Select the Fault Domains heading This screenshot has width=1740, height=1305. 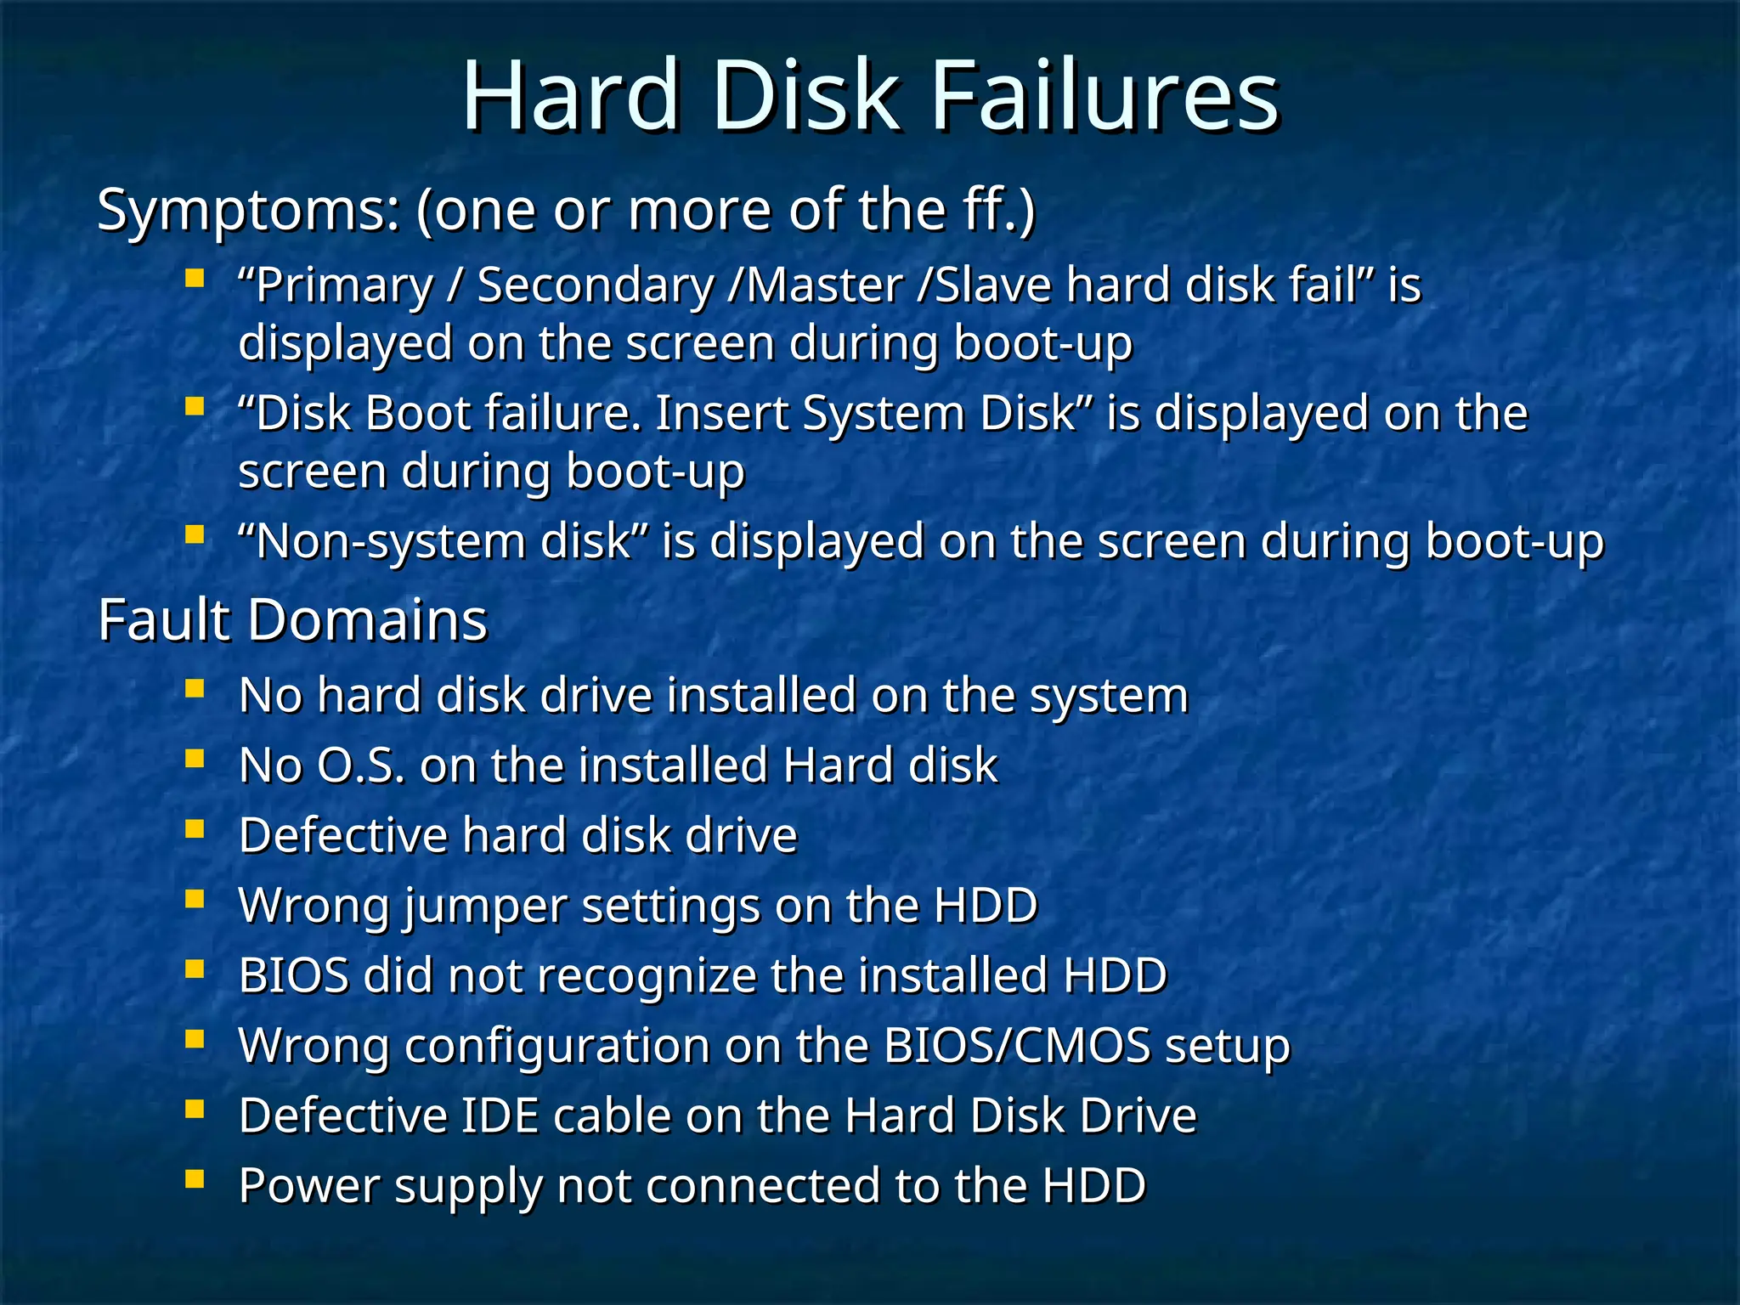[x=292, y=619]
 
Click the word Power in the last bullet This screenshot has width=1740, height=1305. [x=309, y=1186]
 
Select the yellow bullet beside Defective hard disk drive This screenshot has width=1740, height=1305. [x=195, y=828]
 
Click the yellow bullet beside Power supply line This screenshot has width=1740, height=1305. [x=195, y=1178]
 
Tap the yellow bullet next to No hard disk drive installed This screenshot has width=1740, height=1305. [x=195, y=688]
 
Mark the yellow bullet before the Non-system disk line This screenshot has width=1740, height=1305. [x=195, y=534]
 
